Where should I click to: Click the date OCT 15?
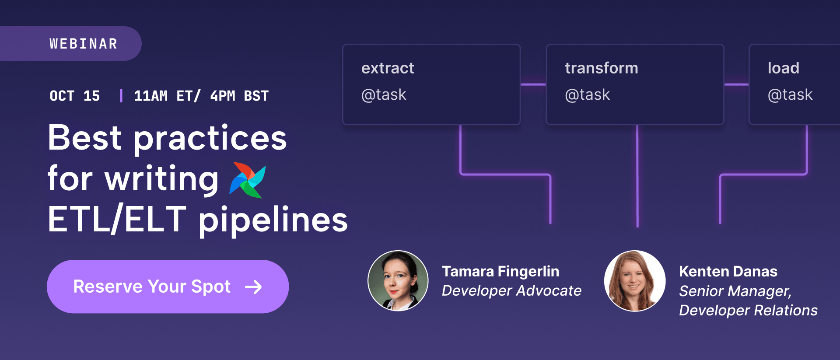tap(75, 96)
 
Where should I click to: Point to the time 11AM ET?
tap(163, 96)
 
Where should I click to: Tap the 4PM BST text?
tap(239, 96)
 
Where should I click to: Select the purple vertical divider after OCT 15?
tap(121, 95)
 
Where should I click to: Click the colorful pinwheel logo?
tap(248, 180)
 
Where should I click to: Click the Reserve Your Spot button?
tap(168, 287)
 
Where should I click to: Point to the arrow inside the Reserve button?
tap(253, 287)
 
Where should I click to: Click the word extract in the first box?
tap(388, 68)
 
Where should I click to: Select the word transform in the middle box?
tap(602, 68)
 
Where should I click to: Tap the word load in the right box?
tap(784, 68)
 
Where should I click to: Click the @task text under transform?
tap(587, 94)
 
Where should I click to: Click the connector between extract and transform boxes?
tap(533, 84)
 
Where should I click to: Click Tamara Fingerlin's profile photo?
tap(398, 280)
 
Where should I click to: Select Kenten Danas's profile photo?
tap(635, 280)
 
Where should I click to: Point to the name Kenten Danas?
tap(728, 271)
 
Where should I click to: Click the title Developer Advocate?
tap(511, 290)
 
